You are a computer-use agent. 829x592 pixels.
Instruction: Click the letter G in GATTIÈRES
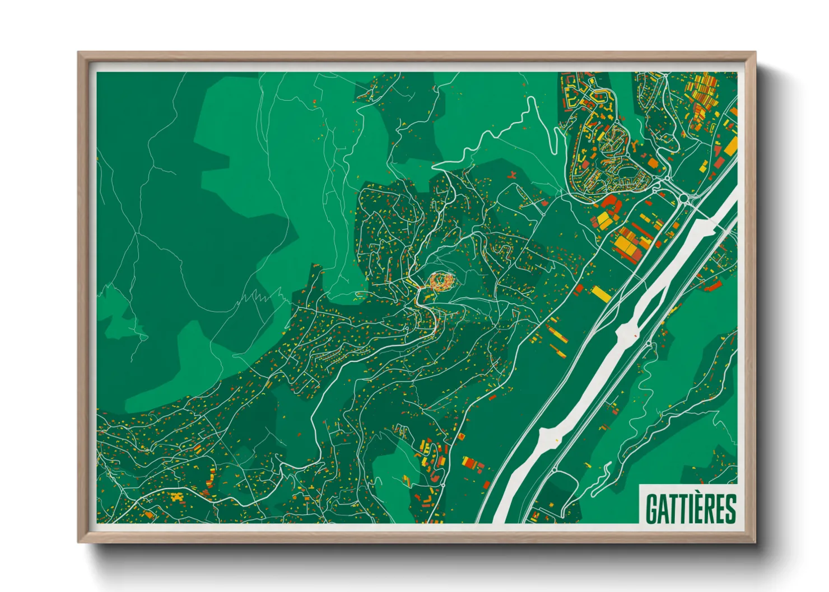tap(651, 509)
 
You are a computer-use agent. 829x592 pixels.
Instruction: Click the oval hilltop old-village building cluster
tap(441, 280)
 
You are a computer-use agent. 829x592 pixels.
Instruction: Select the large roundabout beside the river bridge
tap(684, 198)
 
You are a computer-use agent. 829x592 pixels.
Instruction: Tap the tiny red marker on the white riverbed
tap(635, 335)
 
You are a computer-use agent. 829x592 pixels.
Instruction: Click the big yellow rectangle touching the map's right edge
tap(731, 146)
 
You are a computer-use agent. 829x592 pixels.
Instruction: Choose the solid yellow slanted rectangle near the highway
tap(601, 294)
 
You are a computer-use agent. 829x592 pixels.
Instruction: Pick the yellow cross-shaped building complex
tap(177, 497)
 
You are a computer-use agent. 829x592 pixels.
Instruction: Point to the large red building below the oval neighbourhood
tap(609, 201)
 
